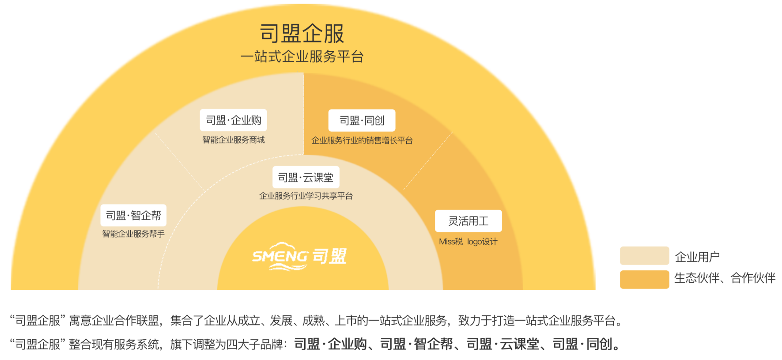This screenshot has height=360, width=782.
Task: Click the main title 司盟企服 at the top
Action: click(x=302, y=34)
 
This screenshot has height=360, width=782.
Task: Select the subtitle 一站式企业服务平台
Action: click(x=302, y=57)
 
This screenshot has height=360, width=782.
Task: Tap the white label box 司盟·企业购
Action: click(x=234, y=120)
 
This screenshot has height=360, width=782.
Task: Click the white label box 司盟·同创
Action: click(x=362, y=121)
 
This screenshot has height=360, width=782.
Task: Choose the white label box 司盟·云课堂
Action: click(x=306, y=177)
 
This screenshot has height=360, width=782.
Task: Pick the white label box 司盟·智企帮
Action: click(x=133, y=215)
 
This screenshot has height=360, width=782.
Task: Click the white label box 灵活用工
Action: click(x=468, y=221)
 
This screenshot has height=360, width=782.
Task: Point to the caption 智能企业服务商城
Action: click(x=234, y=140)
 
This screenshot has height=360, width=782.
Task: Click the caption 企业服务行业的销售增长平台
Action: click(x=362, y=140)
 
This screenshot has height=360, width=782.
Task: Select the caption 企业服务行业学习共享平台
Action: click(x=306, y=196)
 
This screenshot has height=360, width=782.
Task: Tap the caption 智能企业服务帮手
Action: click(x=133, y=234)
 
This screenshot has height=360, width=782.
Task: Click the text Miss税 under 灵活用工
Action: click(x=451, y=242)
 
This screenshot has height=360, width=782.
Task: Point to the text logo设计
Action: click(x=482, y=242)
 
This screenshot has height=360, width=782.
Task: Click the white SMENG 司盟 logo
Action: click(x=299, y=256)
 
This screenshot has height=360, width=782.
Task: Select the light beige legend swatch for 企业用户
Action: click(x=645, y=256)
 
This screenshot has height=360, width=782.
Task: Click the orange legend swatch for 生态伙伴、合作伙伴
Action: click(x=645, y=280)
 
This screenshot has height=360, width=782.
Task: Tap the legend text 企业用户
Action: click(x=697, y=257)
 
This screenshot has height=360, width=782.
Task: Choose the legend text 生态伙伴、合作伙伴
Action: click(x=725, y=278)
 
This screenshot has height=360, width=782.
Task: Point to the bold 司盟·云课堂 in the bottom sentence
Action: click(x=503, y=344)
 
